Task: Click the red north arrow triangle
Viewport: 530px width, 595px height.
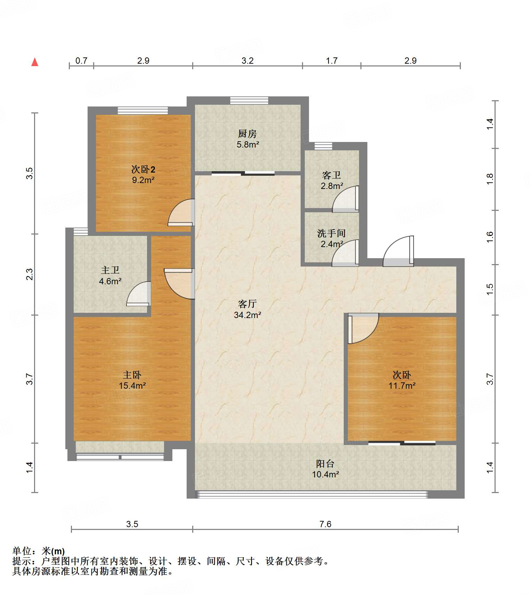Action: click(35, 62)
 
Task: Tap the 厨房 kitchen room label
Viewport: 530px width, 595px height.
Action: click(247, 134)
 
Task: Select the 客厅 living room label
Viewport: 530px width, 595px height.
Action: click(247, 304)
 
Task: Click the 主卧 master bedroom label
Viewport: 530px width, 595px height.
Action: click(132, 375)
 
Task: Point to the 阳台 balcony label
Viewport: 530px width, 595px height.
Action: click(325, 464)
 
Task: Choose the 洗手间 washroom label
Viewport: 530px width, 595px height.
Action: click(332, 233)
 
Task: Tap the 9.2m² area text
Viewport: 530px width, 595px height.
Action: click(143, 180)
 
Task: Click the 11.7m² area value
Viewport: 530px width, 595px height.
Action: click(402, 386)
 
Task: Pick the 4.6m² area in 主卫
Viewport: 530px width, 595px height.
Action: click(110, 281)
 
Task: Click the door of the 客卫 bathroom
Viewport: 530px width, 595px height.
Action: click(345, 199)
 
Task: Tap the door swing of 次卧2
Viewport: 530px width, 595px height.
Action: click(181, 213)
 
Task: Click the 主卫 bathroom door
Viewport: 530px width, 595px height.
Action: click(139, 294)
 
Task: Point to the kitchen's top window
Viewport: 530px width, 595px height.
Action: click(249, 100)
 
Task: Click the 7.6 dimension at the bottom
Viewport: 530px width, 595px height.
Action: click(325, 524)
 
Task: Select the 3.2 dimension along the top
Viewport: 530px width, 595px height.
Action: click(247, 61)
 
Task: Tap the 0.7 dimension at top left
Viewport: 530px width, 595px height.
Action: click(81, 61)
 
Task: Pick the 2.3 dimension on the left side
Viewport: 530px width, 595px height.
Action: click(30, 274)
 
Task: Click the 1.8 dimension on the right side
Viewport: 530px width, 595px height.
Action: click(490, 179)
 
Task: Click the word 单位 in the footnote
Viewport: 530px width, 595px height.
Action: click(22, 551)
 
